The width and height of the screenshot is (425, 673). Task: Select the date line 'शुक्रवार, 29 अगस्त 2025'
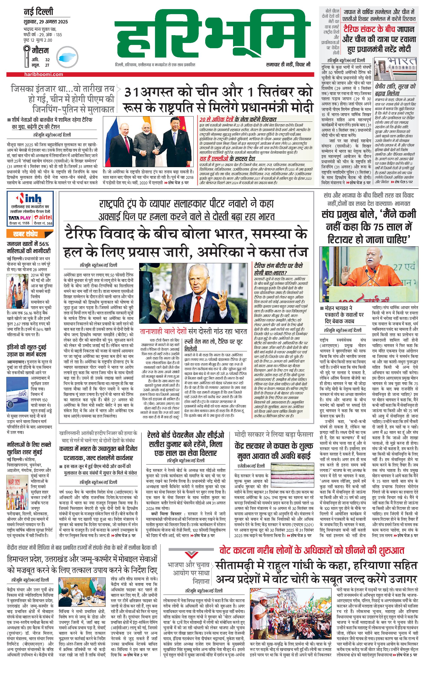point(46,21)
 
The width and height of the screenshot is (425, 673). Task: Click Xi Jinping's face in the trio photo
point(171,126)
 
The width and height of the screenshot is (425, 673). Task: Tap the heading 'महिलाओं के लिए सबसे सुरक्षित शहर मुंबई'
point(29,448)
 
